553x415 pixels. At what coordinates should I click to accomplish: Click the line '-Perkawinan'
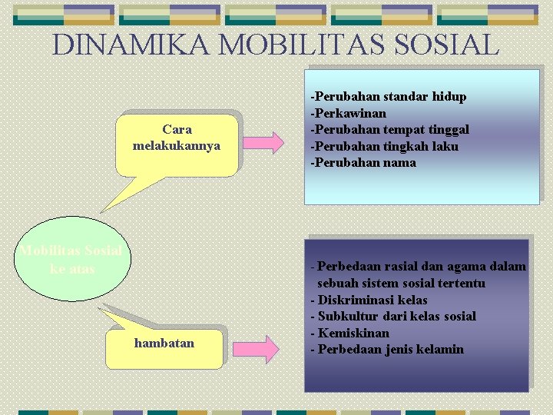[x=348, y=113]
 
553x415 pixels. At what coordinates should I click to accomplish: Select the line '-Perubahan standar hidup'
[x=388, y=97]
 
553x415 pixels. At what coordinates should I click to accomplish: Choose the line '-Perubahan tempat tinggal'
[x=389, y=129]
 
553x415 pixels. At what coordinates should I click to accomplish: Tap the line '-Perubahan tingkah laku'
[x=384, y=146]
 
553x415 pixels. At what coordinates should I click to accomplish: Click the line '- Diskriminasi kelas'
[x=369, y=300]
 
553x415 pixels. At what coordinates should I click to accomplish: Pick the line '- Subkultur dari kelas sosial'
[x=393, y=316]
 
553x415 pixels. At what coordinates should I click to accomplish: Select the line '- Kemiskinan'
[x=349, y=333]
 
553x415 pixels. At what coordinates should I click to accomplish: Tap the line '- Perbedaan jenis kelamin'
[x=387, y=350]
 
